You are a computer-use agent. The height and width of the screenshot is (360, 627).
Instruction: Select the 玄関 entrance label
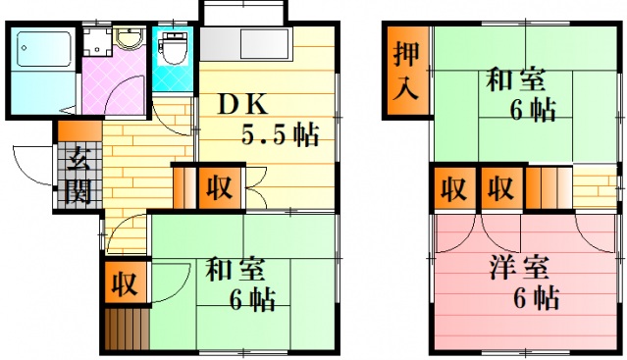[x=78, y=174]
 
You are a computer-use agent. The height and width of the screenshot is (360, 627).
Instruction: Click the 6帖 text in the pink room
[x=536, y=297]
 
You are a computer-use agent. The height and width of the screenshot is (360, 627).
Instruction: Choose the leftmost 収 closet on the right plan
[x=452, y=186]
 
